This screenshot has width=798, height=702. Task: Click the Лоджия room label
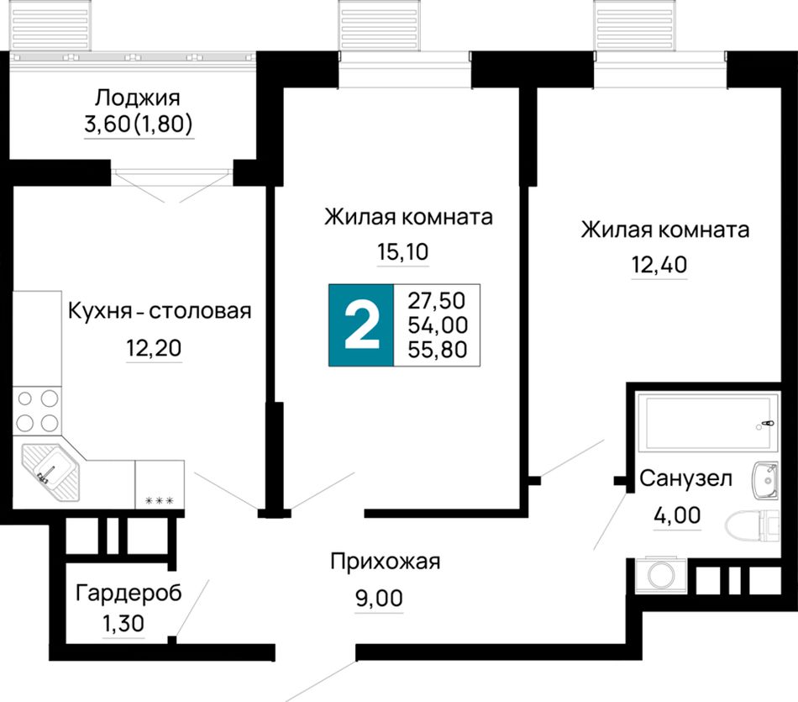pos(138,98)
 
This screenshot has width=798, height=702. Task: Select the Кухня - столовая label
pos(160,311)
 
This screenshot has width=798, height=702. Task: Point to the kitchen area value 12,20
pos(154,348)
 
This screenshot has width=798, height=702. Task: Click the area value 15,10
pos(402,251)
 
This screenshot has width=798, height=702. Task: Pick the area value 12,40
pos(659,265)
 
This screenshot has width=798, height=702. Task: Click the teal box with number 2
pos(361,325)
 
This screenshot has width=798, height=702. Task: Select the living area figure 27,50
pos(437,301)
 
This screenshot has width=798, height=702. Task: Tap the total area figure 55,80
pos(437,350)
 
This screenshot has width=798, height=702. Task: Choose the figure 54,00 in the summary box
pos(437,325)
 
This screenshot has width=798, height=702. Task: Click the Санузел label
pos(685,478)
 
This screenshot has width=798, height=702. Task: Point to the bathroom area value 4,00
pos(677,515)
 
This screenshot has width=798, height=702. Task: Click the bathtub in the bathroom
pos(708,422)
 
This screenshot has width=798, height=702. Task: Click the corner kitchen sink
pos(51,472)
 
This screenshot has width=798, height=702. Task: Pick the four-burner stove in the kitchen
pos(37,411)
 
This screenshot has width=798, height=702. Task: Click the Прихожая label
pos(386,562)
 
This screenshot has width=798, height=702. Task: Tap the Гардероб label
pos(129,594)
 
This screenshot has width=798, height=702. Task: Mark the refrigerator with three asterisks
pos(160,484)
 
